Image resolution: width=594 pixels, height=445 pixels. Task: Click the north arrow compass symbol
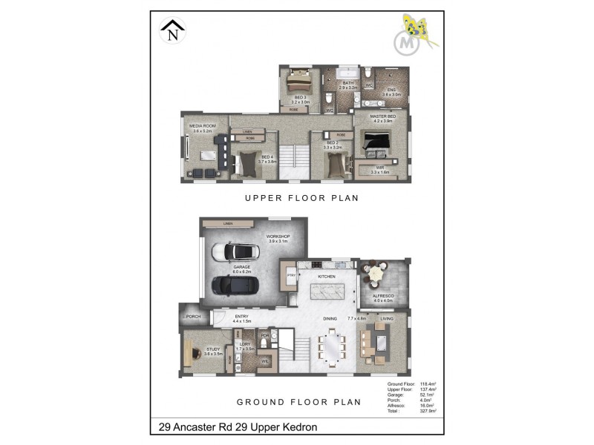coord(173,31)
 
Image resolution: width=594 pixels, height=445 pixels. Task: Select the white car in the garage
coord(234,251)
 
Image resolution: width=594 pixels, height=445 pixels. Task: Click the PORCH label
coord(193,317)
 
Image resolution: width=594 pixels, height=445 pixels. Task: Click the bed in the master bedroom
coord(379,141)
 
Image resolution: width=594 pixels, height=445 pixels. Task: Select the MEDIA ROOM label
coord(202,127)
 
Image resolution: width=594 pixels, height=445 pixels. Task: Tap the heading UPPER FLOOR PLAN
coord(302,198)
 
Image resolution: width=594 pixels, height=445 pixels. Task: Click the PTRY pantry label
coord(290,275)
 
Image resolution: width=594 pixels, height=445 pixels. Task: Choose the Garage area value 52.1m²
coord(428,395)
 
